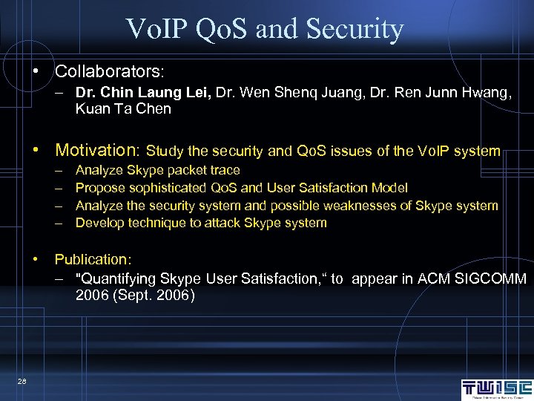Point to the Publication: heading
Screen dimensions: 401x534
tap(93, 259)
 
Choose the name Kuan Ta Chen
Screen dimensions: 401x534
tap(123, 109)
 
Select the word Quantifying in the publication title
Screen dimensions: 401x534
tap(113, 279)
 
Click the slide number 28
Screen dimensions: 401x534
tap(22, 381)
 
